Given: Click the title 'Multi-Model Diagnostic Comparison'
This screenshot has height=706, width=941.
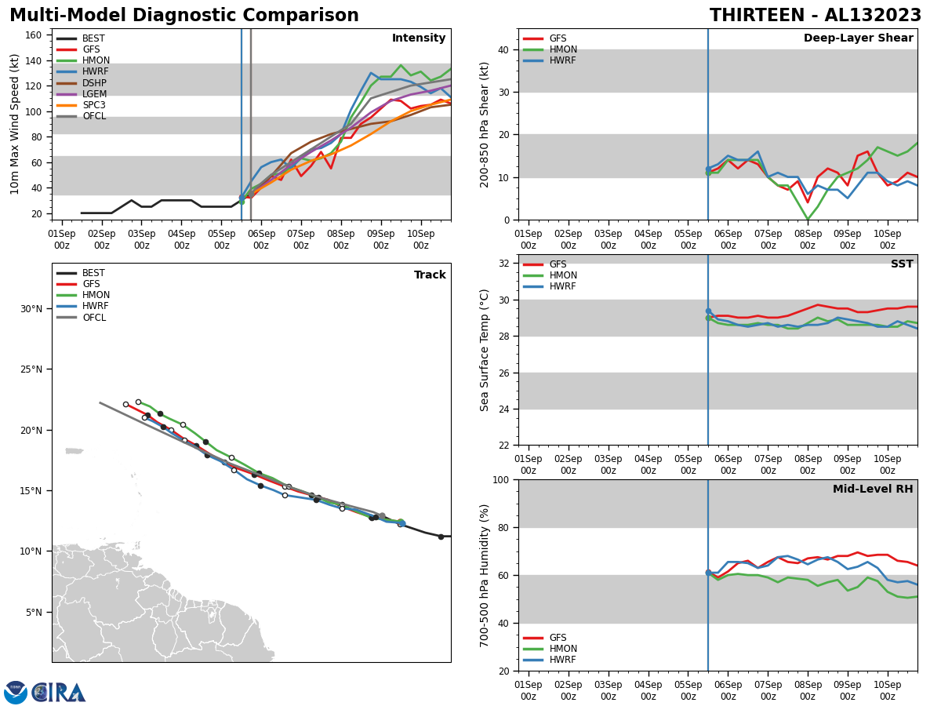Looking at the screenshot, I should [x=183, y=16].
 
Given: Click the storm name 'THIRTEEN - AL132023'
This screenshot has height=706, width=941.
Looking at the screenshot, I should [x=816, y=16].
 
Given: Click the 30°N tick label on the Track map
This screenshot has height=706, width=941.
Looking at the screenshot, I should [x=31, y=309].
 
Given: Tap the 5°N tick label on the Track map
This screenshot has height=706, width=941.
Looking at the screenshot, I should [x=34, y=612].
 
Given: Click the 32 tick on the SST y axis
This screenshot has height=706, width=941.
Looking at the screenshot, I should [x=504, y=264].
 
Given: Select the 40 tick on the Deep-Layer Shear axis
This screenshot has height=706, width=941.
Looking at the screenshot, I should [x=504, y=49].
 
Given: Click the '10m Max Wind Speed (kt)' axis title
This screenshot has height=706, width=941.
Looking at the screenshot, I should [x=13, y=124].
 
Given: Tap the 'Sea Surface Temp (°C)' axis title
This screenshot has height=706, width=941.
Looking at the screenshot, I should [x=485, y=350].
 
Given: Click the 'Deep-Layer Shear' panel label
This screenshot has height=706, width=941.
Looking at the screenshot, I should [x=858, y=38].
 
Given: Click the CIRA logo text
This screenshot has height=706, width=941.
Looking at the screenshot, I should [x=59, y=692].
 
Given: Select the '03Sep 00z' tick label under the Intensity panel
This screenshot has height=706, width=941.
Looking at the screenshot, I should [x=141, y=239].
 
